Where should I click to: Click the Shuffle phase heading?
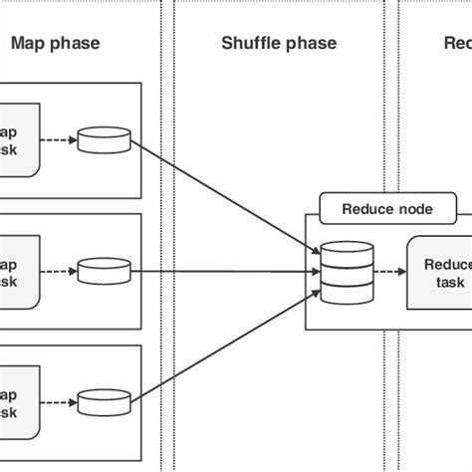pyautogui.click(x=278, y=43)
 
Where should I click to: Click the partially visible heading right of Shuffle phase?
pyautogui.click(x=457, y=43)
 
